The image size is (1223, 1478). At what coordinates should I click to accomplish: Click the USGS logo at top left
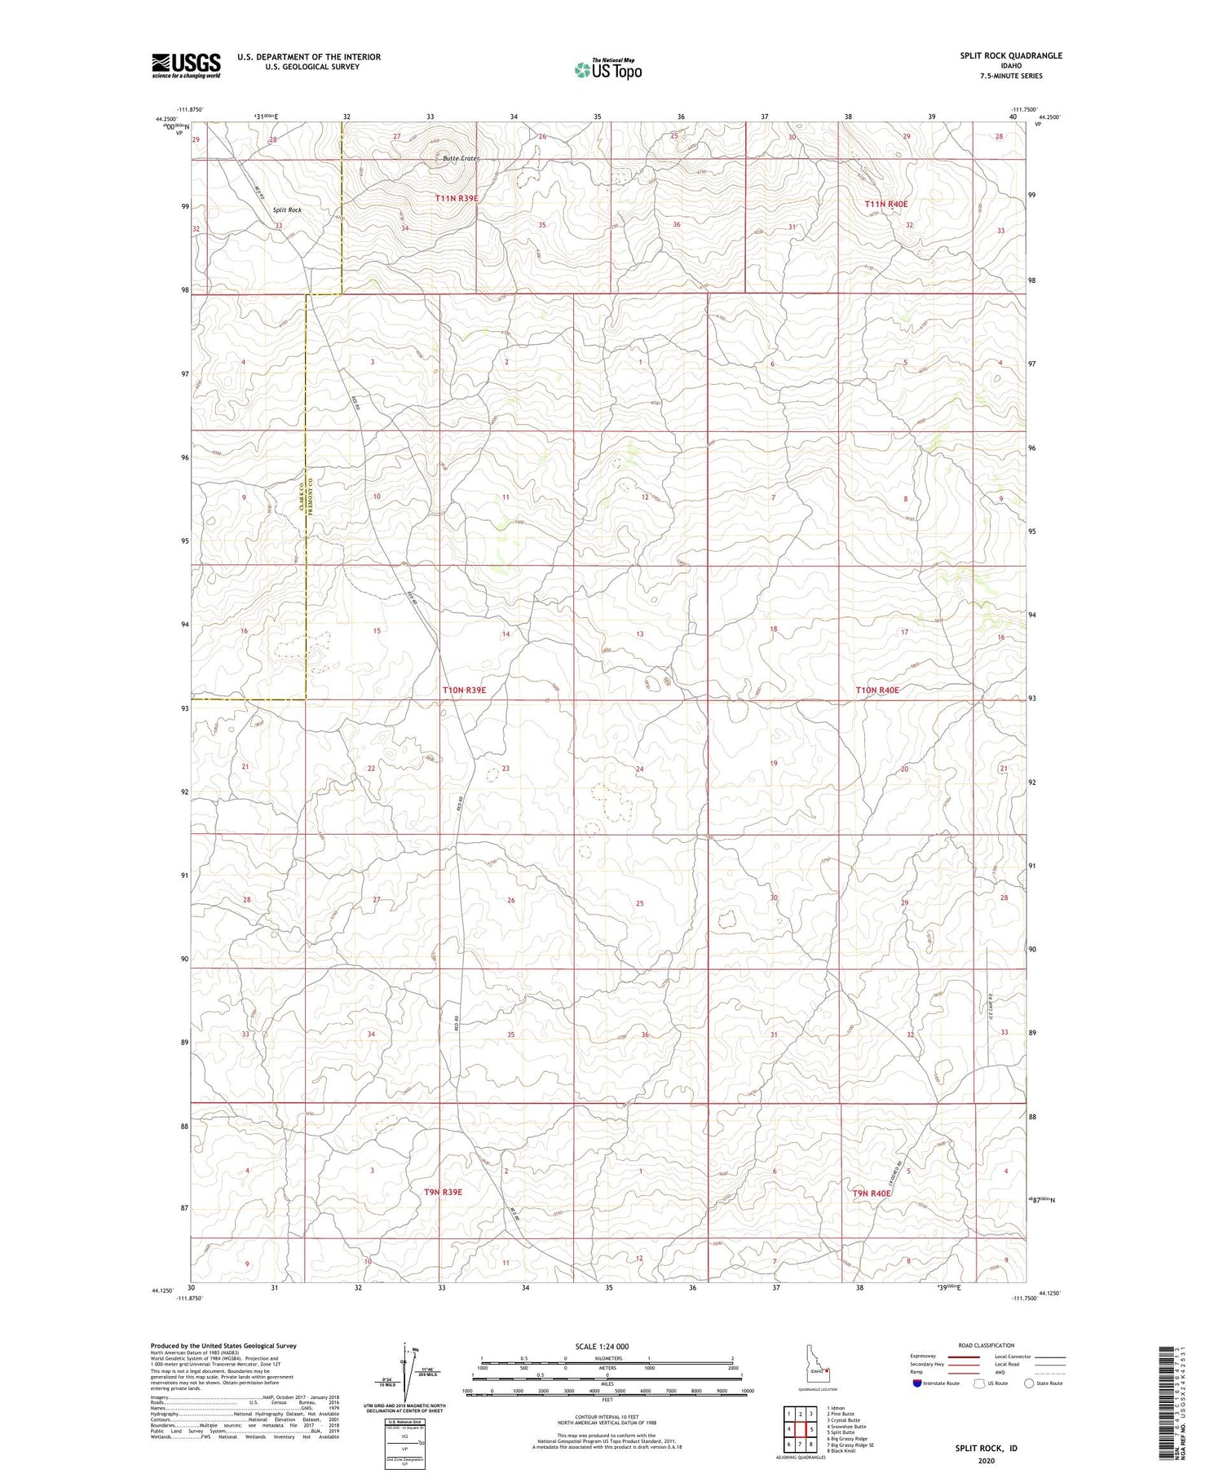click(x=186, y=65)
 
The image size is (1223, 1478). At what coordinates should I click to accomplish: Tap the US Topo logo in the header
click(x=607, y=70)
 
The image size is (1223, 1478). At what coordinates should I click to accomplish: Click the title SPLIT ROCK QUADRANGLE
click(x=1010, y=55)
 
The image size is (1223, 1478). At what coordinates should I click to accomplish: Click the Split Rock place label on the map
click(x=287, y=210)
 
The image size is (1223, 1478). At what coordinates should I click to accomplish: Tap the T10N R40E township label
click(x=877, y=690)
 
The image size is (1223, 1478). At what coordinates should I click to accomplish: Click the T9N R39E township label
click(x=443, y=1192)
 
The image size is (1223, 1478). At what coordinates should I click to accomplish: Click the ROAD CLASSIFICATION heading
click(x=987, y=1345)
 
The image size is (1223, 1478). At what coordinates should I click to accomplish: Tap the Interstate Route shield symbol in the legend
click(x=916, y=1383)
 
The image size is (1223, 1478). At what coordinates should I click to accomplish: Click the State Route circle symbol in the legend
click(x=1030, y=1383)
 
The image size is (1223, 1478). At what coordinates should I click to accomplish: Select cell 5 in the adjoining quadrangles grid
click(x=811, y=1429)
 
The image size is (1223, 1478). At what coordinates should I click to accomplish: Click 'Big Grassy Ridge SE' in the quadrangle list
click(x=850, y=1445)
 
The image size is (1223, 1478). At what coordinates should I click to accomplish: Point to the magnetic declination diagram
click(x=405, y=1378)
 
